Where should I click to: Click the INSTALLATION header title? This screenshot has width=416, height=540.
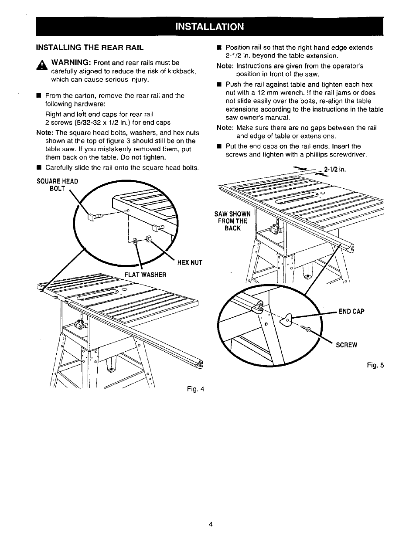tap(209, 26)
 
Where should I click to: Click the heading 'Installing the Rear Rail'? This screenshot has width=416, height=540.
tap(90, 47)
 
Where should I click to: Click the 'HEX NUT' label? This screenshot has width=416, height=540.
tap(189, 262)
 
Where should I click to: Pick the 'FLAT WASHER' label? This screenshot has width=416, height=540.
tap(146, 275)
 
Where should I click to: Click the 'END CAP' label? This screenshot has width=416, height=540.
tap(352, 312)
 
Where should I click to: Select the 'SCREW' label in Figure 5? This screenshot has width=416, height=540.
tap(346, 345)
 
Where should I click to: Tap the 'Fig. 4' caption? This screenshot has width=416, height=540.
tap(196, 388)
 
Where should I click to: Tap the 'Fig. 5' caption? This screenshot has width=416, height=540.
tap(375, 366)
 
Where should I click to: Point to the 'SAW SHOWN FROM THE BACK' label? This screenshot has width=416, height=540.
tap(232, 221)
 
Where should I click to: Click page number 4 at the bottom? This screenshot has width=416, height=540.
tap(210, 524)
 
